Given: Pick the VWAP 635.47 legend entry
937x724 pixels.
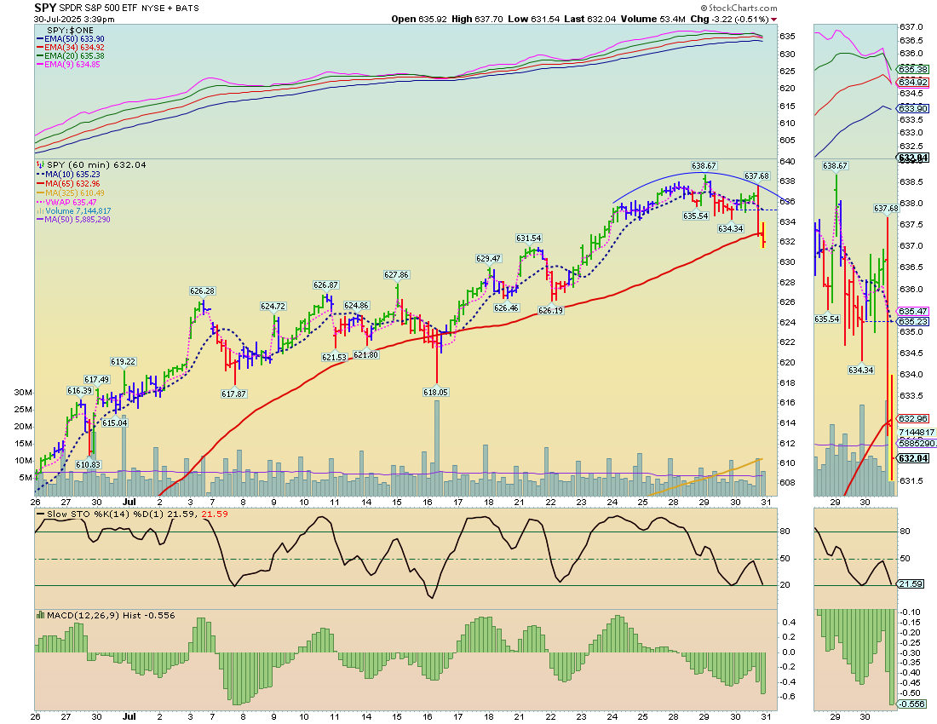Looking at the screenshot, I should tap(71, 201).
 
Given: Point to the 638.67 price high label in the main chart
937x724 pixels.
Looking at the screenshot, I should tap(704, 165).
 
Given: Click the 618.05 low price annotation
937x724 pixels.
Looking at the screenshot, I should tap(435, 392).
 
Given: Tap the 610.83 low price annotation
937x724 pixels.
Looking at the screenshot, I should tap(88, 464).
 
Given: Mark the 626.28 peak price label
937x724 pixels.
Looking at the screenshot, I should tap(202, 290).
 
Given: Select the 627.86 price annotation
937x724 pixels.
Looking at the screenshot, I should tap(396, 274).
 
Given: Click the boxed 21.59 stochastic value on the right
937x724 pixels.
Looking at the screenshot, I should tap(911, 584).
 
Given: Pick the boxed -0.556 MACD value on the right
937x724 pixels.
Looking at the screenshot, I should tap(912, 704).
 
